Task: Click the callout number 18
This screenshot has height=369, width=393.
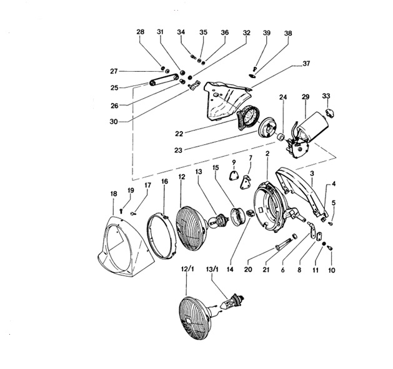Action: (114, 194)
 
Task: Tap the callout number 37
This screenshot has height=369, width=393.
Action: (306, 64)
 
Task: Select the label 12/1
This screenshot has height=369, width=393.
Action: (187, 269)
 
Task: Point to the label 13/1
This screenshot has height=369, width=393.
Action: (212, 269)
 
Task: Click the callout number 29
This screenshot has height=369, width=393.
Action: (306, 97)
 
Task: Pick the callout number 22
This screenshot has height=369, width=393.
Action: (179, 134)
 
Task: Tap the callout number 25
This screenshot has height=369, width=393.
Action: (114, 88)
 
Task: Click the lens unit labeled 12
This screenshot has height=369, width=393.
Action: (191, 228)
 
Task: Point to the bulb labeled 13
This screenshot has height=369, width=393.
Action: (217, 221)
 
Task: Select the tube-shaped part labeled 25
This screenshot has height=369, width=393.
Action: (164, 79)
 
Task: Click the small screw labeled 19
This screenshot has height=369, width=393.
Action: (121, 211)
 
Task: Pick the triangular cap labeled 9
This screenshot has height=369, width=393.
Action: (233, 175)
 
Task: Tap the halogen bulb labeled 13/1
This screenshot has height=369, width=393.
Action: (232, 301)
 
